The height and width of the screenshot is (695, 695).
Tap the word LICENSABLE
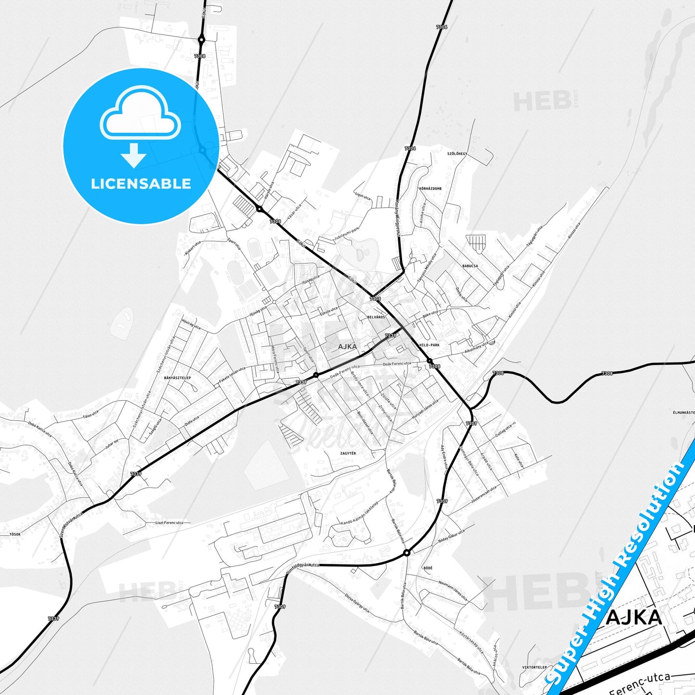click(141, 184)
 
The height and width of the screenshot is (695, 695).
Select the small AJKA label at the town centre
click(347, 346)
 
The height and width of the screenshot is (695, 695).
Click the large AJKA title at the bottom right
click(633, 617)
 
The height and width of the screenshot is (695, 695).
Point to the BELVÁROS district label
click(376, 317)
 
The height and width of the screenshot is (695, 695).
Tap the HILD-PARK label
click(429, 345)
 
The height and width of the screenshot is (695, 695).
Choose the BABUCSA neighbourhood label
click(470, 266)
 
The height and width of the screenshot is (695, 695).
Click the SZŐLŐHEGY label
click(457, 154)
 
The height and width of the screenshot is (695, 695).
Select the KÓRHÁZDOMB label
click(430, 189)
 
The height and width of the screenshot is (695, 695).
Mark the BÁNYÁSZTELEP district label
click(177, 378)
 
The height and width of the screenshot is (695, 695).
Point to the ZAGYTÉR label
click(348, 454)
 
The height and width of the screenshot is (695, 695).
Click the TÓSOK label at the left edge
click(15, 534)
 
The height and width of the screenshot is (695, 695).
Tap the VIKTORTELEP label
click(534, 668)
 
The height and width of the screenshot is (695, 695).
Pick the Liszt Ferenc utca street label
click(169, 522)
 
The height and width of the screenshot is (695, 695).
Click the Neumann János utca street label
click(453, 590)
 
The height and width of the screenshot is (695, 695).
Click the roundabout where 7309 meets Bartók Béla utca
click(407, 553)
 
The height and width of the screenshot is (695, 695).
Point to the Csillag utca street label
click(504, 430)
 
